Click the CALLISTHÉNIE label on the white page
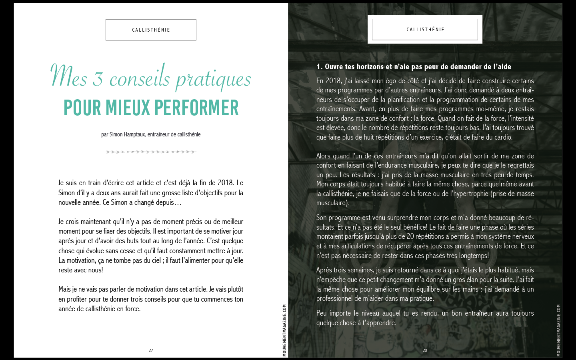point(151,30)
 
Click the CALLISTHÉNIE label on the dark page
point(425,30)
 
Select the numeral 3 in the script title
point(98,79)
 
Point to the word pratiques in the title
point(213,79)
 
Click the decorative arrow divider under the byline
point(151,152)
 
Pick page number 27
point(151,350)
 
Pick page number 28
point(425,350)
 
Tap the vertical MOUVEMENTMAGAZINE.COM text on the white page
point(284,330)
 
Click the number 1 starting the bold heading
point(318,67)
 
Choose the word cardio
point(503,137)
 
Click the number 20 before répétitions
point(410,237)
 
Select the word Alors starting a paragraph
point(324,156)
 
